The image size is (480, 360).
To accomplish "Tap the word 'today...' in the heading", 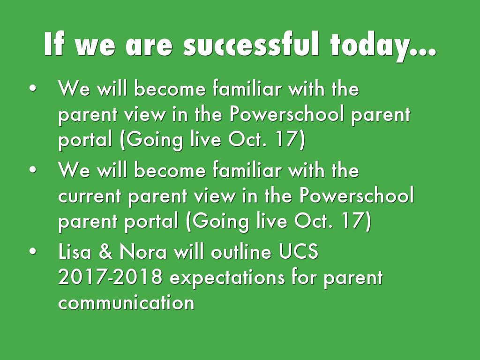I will click(382, 45).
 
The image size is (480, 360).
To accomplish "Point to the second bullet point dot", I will click(32, 171).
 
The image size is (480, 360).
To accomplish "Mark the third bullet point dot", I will click(32, 252).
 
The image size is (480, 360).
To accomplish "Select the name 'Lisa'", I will click(75, 252).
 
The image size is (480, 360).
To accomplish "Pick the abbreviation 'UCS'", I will click(299, 252).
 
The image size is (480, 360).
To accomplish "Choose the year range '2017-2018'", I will click(110, 278).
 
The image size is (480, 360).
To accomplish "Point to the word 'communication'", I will click(126, 303).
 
